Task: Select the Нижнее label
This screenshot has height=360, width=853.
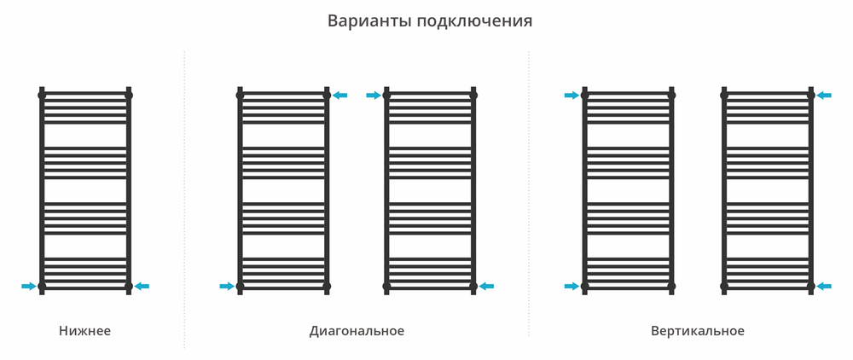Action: tap(85, 331)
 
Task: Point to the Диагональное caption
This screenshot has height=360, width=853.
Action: tap(357, 331)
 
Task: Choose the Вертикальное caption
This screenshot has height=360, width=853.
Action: tap(697, 331)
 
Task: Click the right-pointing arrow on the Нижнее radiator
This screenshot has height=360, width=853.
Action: tap(29, 286)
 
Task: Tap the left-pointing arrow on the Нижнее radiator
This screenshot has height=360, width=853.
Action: tap(142, 286)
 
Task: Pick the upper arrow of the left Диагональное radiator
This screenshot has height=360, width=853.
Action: tap(340, 96)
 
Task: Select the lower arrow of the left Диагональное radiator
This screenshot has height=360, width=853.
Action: tap(227, 286)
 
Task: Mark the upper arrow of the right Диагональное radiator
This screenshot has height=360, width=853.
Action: tap(374, 96)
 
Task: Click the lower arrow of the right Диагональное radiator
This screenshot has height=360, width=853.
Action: tap(487, 286)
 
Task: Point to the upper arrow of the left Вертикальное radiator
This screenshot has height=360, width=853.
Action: tap(572, 96)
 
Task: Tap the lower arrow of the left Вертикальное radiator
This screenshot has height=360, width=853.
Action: tap(572, 286)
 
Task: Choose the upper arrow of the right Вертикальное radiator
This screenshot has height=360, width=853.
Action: tap(824, 96)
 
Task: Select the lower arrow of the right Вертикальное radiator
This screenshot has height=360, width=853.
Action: tap(824, 286)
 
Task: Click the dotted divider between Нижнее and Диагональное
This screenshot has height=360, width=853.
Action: tap(184, 196)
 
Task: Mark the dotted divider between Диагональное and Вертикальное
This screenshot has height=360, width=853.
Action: tap(529, 196)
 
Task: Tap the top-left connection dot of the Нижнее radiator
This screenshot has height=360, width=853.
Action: tap(42, 96)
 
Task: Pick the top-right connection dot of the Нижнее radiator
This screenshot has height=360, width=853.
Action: tap(129, 96)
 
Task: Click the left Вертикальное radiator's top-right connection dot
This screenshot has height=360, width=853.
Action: tap(671, 96)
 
